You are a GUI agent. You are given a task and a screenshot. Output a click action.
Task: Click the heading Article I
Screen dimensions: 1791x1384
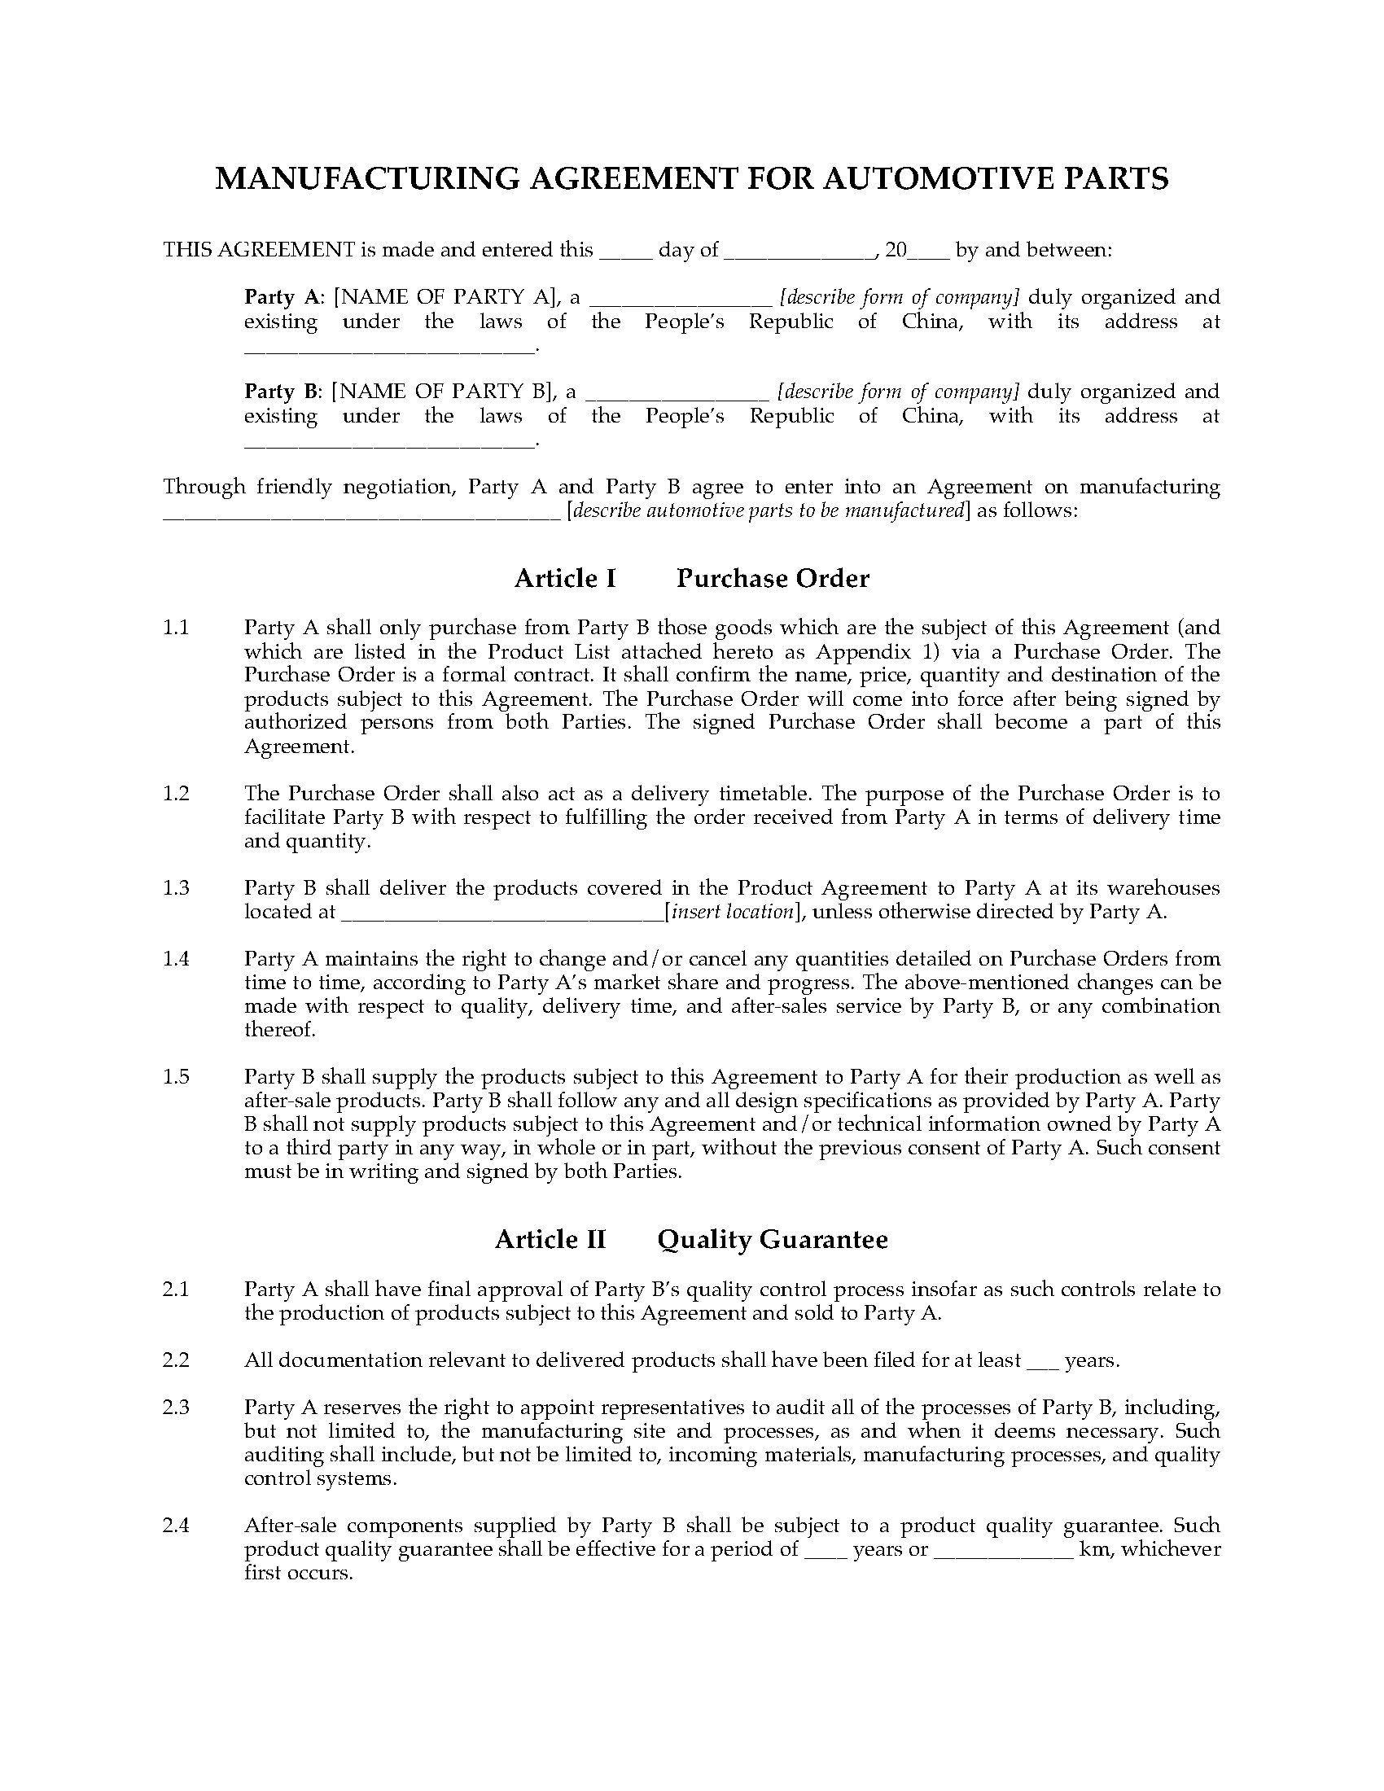(565, 579)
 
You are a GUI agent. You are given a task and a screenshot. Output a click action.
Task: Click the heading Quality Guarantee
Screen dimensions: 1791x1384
(773, 1239)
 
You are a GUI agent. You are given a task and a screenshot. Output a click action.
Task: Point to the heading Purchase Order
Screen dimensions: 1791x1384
(773, 579)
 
